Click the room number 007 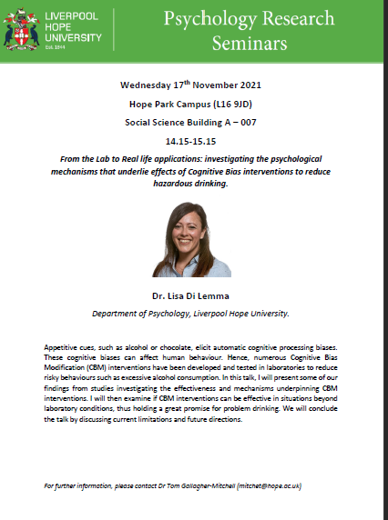tap(249, 122)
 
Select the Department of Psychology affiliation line tap(192, 313)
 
